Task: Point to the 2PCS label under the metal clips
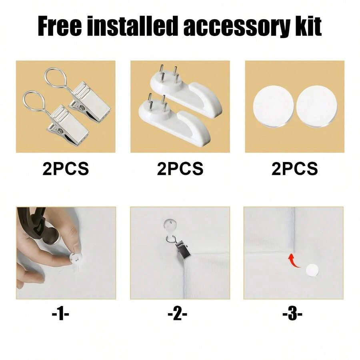(x=66, y=169)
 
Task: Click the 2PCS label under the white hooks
(x=180, y=169)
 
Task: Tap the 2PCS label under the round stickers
(x=295, y=169)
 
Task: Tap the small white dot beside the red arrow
(x=312, y=270)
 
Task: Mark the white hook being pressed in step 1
(x=76, y=258)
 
